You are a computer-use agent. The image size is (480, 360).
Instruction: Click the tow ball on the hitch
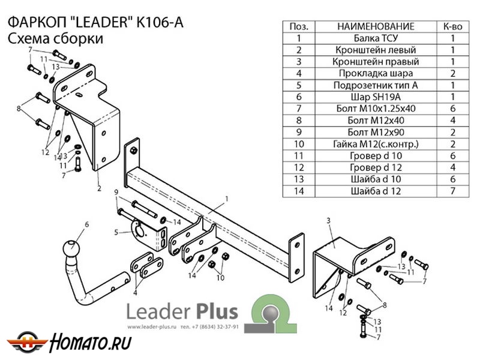[x=71, y=248]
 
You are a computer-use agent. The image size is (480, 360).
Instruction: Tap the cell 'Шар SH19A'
[x=375, y=97]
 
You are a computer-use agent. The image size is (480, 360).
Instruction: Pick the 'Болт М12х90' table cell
[x=375, y=132]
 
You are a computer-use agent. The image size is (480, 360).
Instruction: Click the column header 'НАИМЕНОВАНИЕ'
[x=375, y=27]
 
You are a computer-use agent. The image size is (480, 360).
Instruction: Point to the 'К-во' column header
[x=452, y=27]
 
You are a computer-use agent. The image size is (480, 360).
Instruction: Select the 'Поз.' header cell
[x=298, y=27]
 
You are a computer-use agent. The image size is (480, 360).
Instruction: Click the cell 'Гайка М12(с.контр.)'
[x=375, y=144]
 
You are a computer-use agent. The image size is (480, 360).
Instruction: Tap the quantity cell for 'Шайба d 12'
[x=452, y=191]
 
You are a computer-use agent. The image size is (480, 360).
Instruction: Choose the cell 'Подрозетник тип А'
[x=375, y=85]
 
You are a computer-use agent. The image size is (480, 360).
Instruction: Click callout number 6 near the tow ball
[x=86, y=224]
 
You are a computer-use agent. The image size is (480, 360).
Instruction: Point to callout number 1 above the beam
[x=227, y=199]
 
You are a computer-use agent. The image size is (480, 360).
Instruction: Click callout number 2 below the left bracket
[x=98, y=188]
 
